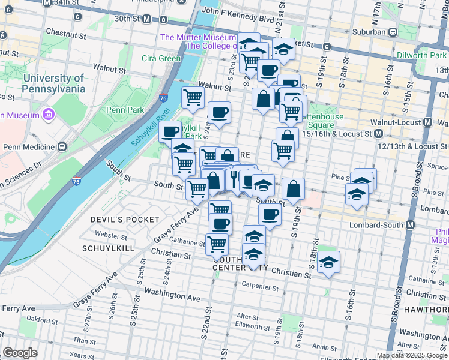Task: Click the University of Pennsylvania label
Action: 54,83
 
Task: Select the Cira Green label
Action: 161,58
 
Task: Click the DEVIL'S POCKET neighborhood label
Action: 125,220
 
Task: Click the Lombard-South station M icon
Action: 411,225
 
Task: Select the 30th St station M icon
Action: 146,19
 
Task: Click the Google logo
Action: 19,353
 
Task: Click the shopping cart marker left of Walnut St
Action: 193,97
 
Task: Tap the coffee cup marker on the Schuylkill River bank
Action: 170,130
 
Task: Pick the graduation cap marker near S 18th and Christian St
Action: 328,262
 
